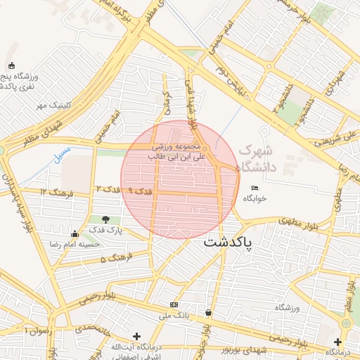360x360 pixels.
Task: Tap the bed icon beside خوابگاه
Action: (x=255, y=188)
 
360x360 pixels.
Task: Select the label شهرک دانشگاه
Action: (x=259, y=159)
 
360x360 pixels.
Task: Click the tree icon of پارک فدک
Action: (x=105, y=219)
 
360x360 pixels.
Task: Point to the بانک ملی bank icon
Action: (x=174, y=304)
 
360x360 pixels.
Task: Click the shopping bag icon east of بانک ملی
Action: (x=208, y=312)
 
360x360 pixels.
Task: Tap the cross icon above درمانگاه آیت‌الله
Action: (x=136, y=336)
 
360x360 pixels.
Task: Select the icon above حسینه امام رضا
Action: (x=75, y=233)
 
